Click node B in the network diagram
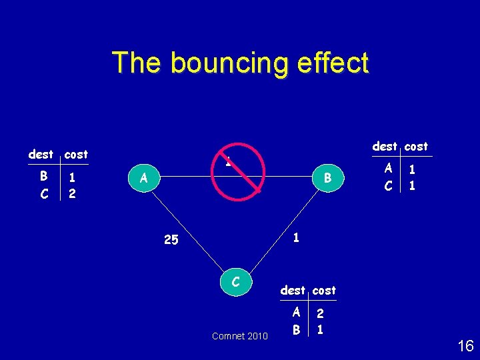(x=328, y=178)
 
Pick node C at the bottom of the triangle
(x=235, y=282)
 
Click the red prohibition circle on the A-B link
(x=238, y=171)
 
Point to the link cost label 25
(x=171, y=240)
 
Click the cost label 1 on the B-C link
(x=296, y=236)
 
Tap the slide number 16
(x=465, y=346)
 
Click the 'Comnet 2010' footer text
(x=240, y=336)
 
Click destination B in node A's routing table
(x=43, y=177)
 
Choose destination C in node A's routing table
(x=43, y=193)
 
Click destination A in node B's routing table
(x=388, y=169)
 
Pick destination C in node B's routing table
(x=388, y=185)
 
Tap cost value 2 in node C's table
(x=321, y=313)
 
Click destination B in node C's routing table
(x=296, y=329)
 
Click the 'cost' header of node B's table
(x=417, y=146)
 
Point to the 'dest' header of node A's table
(x=41, y=154)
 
